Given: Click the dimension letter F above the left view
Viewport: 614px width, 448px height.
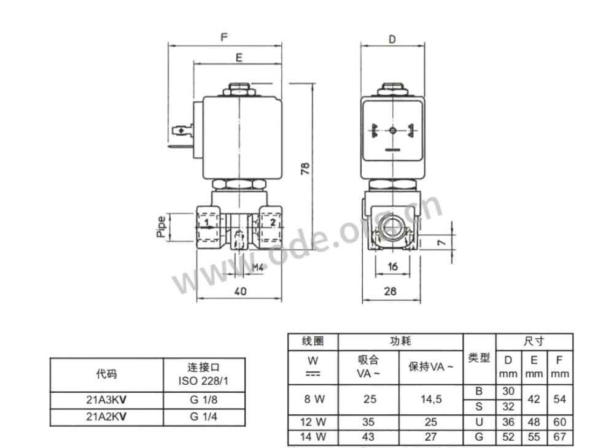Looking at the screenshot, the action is coord(224,37).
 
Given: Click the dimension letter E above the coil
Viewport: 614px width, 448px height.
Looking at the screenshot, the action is coord(239,58).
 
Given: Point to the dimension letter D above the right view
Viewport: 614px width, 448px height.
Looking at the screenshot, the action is coord(392,39).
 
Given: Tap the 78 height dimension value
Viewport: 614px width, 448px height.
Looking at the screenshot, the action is coord(305,168).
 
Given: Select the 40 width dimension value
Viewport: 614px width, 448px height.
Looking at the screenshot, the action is coord(240,291).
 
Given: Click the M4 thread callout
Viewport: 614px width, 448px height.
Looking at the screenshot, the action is coord(257,268).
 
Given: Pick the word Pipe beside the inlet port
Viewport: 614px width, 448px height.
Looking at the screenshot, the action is coord(161,226).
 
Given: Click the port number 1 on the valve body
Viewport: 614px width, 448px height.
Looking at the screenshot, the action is coord(207,223).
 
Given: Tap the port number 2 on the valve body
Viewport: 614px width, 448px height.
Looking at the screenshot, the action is coord(273,223).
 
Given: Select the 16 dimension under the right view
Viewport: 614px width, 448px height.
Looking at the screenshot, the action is coord(392,266).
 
